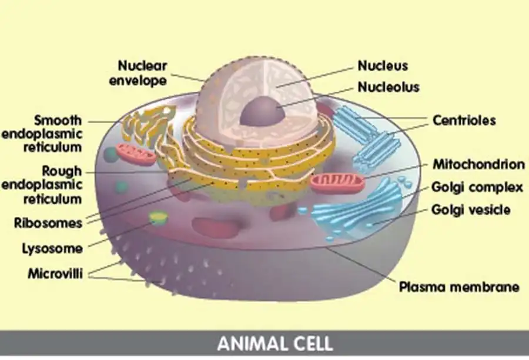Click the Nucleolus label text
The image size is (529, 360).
click(x=389, y=87)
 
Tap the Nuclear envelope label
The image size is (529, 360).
click(x=142, y=73)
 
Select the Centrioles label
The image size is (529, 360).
click(x=464, y=121)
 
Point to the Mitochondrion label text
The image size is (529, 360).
click(x=478, y=164)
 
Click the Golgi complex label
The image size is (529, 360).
click(x=477, y=188)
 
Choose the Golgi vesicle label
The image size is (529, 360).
click(x=470, y=209)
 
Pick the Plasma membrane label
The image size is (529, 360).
click(x=459, y=288)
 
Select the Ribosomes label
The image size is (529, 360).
click(x=49, y=224)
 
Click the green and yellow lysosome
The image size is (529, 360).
click(x=158, y=219)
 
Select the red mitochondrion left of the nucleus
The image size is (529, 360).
click(x=135, y=155)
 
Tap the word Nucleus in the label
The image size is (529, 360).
click(x=383, y=65)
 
